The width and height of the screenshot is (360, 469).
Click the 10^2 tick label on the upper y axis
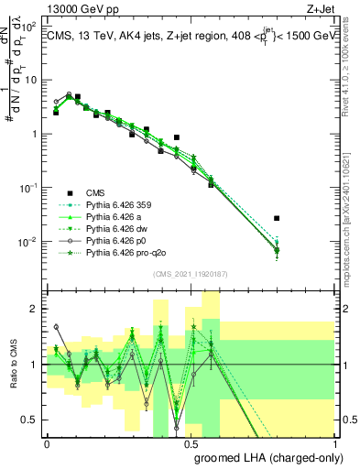coord(28,26)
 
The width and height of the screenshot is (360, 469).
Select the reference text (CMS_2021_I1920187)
coord(191,274)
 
